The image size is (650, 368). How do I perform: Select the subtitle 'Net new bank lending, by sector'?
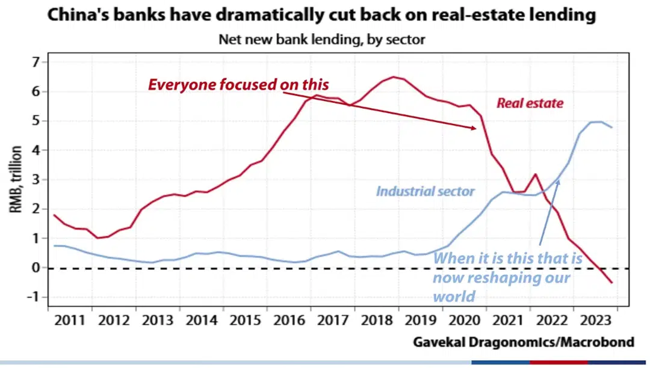tap(321, 40)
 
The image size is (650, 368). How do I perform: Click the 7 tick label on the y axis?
tap(36, 63)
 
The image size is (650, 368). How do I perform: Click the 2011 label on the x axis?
tap(69, 319)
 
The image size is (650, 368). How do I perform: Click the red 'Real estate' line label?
tap(530, 103)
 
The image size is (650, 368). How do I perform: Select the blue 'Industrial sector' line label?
tap(426, 192)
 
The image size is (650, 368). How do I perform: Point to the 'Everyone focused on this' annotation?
tap(238, 85)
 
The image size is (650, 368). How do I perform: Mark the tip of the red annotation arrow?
tap(477, 128)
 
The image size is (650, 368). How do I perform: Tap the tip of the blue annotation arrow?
tap(559, 179)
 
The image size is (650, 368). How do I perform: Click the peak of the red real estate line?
tap(394, 77)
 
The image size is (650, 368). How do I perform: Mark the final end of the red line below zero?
tap(612, 283)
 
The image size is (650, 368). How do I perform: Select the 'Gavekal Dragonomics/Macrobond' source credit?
tap(523, 342)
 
